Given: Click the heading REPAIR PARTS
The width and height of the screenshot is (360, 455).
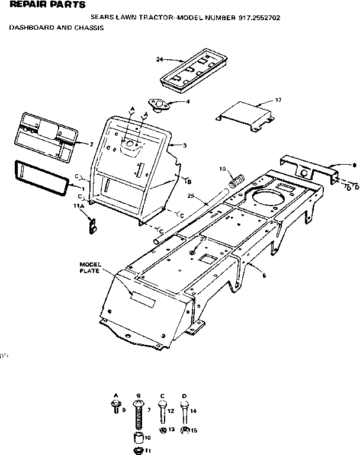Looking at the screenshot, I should coord(39,5).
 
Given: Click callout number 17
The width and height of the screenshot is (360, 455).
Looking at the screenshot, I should coord(278,100).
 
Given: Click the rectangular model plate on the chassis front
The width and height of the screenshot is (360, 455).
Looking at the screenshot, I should coord(142,297).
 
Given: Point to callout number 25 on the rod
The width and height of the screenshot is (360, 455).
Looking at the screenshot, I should coord(191,196).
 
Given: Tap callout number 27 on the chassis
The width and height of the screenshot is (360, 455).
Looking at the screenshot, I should coord(202,238).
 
